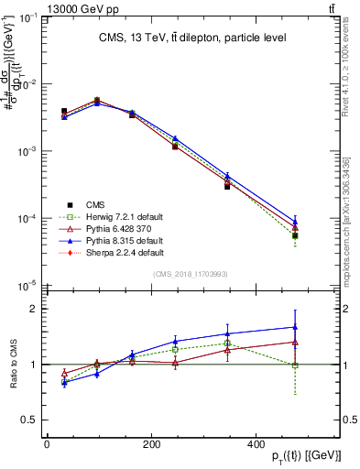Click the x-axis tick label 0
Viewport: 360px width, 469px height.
click(x=47, y=444)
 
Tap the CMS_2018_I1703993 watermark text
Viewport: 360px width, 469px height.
click(x=190, y=274)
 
